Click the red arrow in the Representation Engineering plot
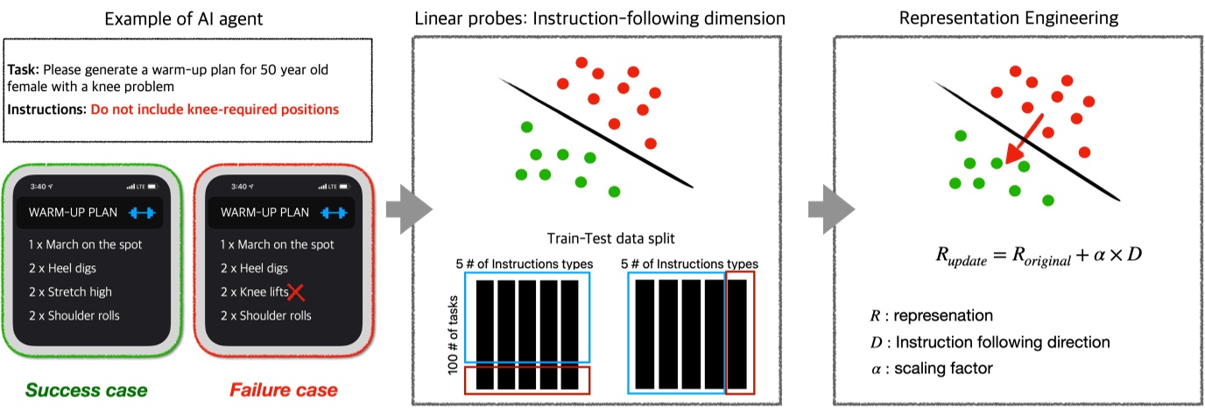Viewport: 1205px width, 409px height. click(x=1023, y=140)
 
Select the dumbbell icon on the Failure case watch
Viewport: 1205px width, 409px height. click(x=334, y=213)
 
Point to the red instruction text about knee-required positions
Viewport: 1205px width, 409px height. click(x=215, y=110)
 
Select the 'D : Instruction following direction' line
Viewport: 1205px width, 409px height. click(x=985, y=342)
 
